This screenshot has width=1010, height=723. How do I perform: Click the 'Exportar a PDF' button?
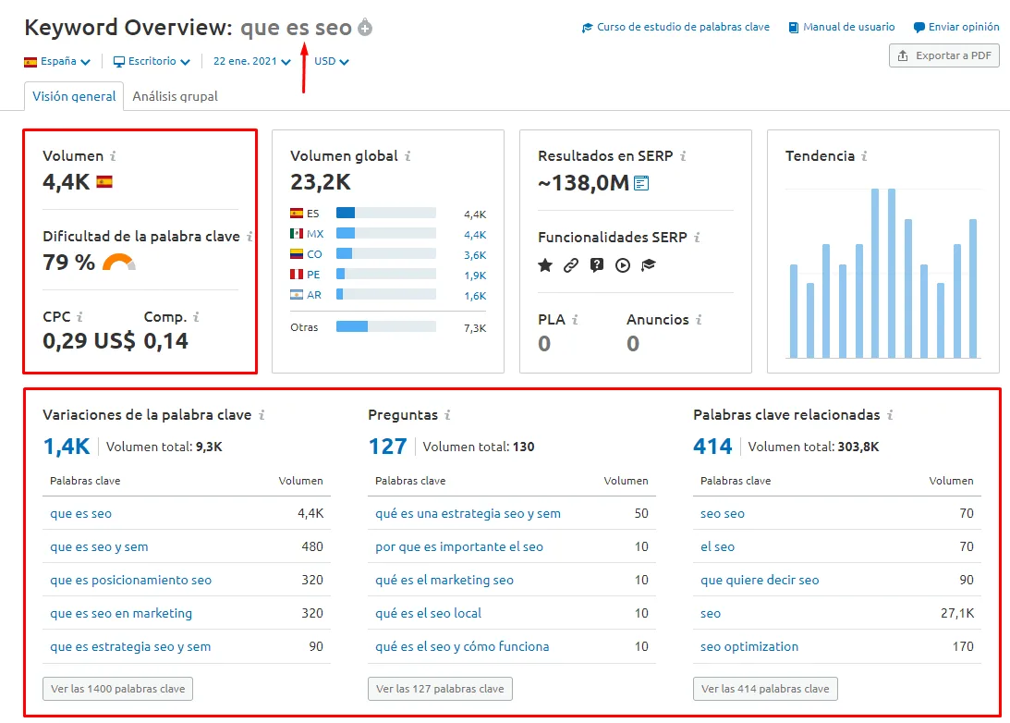coord(944,55)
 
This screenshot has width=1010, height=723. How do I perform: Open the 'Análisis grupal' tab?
coord(175,96)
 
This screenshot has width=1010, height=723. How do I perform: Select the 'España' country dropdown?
coord(57,62)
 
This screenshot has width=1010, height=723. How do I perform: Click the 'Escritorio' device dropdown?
coord(152,62)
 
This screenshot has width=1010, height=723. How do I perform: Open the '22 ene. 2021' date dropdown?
coord(251,62)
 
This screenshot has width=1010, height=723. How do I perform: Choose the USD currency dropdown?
coord(332,62)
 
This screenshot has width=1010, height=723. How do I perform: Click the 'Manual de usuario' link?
coord(842,28)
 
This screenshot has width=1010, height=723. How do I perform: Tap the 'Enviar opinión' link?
coord(956,28)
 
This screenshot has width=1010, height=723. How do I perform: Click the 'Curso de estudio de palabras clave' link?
coord(675,28)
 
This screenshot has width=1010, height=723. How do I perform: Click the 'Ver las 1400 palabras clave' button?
coord(118,689)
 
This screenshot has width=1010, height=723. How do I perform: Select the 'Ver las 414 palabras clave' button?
coord(765,689)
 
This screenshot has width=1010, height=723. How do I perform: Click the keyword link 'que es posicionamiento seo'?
coord(130,580)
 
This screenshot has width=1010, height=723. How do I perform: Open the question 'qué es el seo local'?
coord(428,613)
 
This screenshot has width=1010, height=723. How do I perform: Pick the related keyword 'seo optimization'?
coord(749,646)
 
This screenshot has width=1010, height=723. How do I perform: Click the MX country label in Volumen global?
coord(315,234)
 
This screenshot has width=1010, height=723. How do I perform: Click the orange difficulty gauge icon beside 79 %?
coord(119,263)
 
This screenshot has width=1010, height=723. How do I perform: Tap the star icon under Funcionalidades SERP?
coord(545,265)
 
